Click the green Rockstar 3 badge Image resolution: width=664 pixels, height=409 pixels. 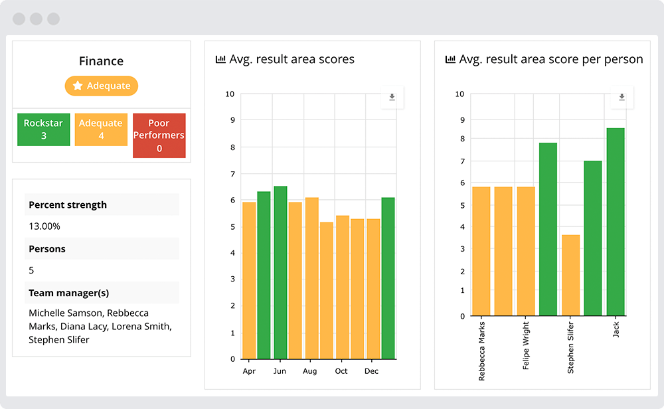[43, 129]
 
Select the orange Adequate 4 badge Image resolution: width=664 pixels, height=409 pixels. [101, 129]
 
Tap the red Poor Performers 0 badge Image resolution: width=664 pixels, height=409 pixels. [159, 135]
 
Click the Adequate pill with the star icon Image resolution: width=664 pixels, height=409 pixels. [101, 86]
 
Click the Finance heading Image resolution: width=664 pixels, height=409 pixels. [101, 61]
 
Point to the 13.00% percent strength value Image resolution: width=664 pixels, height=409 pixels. [44, 226]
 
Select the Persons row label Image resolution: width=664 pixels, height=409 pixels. [47, 249]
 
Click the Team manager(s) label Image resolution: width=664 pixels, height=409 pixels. [69, 293]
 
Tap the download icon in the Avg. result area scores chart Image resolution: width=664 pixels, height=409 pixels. [392, 97]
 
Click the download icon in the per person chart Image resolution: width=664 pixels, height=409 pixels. [622, 97]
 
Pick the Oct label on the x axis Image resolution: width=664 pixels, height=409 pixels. [341, 371]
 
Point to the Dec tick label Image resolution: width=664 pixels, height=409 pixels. [372, 371]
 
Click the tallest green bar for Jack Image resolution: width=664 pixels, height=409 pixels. [616, 222]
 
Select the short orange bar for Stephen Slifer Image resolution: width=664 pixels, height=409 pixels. [570, 275]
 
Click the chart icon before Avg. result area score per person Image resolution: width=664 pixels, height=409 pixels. [450, 60]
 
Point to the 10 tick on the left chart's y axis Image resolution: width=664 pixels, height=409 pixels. [230, 94]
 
